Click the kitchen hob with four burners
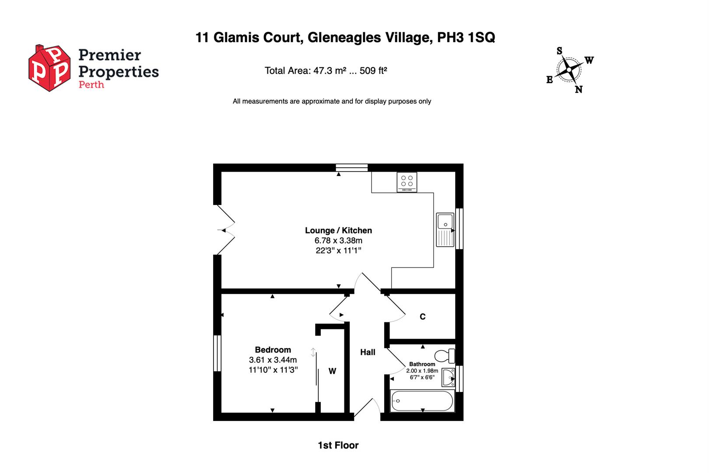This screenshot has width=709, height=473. (x=407, y=182)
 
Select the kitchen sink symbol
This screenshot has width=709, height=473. (x=445, y=230)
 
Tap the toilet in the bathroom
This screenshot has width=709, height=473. (x=445, y=356)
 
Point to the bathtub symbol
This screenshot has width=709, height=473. (x=422, y=401)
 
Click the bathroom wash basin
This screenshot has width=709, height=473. (x=449, y=378)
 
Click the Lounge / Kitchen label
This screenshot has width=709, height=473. (x=338, y=230)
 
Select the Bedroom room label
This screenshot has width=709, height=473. (x=273, y=349)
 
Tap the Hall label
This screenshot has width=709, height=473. (x=368, y=352)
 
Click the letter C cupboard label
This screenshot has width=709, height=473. (x=422, y=317)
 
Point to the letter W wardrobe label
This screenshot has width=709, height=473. (x=332, y=371)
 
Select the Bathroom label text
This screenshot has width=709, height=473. (x=422, y=364)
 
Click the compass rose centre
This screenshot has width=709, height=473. (x=569, y=70)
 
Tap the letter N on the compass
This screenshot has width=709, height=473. (x=579, y=90)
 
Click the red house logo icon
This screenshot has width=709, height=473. (x=49, y=68)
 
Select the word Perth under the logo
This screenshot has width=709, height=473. (x=91, y=85)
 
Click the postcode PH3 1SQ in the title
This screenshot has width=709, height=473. (x=466, y=38)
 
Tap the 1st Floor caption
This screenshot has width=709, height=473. (x=338, y=445)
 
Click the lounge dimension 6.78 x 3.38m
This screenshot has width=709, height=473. (x=338, y=240)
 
